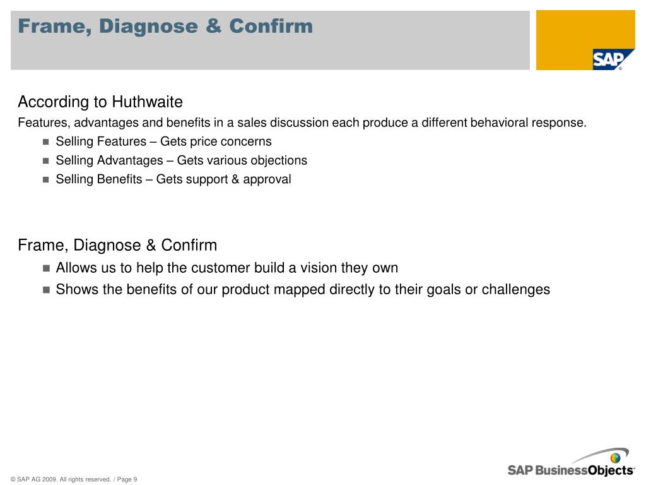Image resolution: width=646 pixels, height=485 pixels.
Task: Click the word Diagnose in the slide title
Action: pos(148,27)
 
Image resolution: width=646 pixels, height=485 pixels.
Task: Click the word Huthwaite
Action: pos(147,102)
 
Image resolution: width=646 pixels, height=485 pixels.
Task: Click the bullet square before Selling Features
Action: pos(45,142)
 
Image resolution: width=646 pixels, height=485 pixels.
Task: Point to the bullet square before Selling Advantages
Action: pos(45,161)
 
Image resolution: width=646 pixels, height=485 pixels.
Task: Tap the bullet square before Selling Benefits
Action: pos(45,180)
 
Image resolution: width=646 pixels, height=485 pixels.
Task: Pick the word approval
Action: pos(267,179)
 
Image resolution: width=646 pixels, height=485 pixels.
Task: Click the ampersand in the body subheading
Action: pos(151,245)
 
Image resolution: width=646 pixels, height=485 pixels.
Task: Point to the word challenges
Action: pos(516,289)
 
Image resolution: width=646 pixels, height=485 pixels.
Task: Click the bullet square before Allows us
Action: pos(46,268)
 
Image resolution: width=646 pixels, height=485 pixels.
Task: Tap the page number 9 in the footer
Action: pos(135,479)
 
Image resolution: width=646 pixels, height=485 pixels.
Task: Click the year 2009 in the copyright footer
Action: pos(49,479)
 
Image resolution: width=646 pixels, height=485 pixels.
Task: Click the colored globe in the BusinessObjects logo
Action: pos(616,458)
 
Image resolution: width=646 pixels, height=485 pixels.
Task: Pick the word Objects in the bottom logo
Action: pos(611,470)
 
